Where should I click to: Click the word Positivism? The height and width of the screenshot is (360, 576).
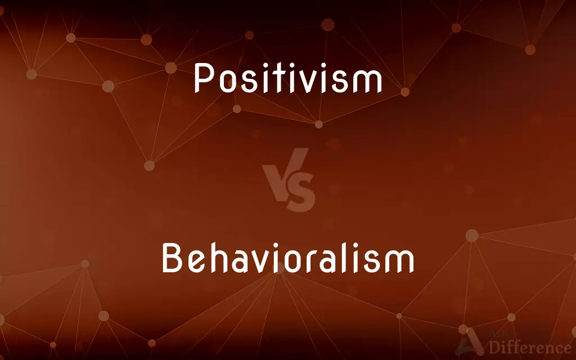288,78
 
